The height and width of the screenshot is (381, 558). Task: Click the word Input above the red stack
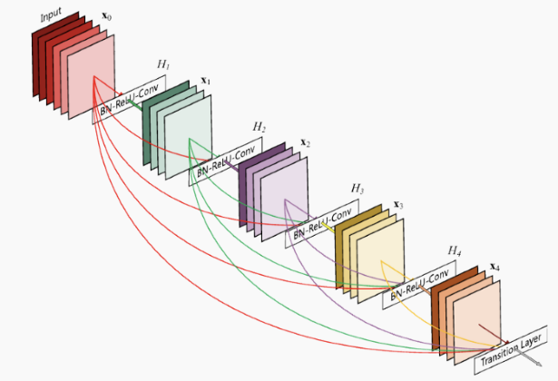click(x=51, y=15)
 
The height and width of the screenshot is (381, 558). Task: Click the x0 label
click(x=106, y=16)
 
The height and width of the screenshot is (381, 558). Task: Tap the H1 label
click(x=163, y=64)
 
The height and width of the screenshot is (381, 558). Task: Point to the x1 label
click(x=206, y=81)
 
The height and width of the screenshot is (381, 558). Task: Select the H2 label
click(x=259, y=127)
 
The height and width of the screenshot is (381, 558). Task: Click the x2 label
click(x=306, y=143)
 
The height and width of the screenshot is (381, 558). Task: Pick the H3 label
click(x=357, y=188)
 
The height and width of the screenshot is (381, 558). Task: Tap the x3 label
click(x=398, y=205)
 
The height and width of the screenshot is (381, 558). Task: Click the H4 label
click(x=455, y=250)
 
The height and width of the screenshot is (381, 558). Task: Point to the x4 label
click(x=494, y=267)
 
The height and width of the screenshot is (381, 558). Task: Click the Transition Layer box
click(x=511, y=350)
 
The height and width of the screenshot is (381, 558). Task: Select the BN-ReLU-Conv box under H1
click(x=129, y=99)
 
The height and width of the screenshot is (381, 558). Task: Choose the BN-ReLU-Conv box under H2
click(x=226, y=161)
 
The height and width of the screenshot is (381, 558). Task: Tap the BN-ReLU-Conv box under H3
click(x=322, y=223)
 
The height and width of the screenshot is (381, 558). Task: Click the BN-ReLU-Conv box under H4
click(x=419, y=285)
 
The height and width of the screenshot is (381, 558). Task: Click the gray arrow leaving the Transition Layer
click(x=528, y=357)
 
